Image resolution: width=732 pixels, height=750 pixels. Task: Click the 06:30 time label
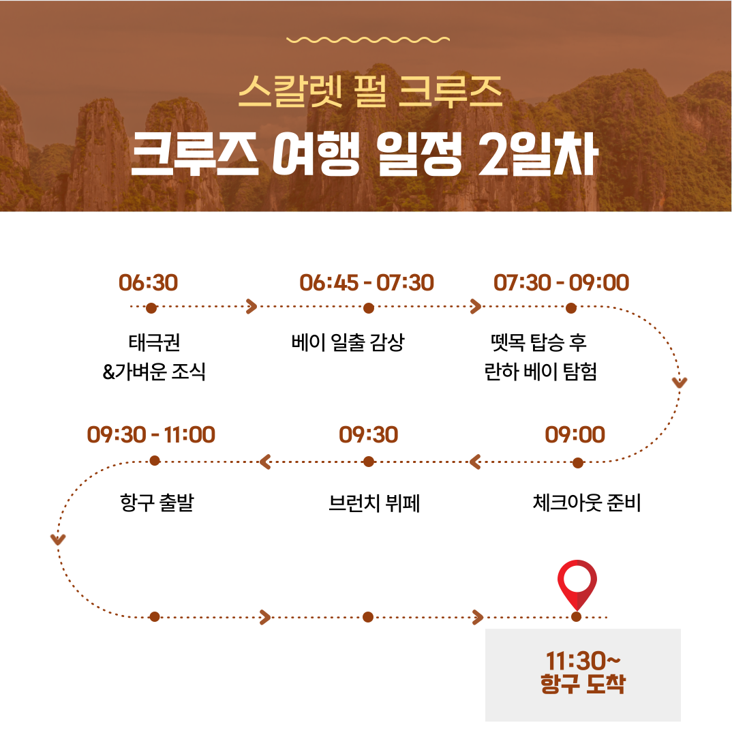(x=148, y=283)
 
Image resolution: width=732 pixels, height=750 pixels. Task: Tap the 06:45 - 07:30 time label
(x=367, y=283)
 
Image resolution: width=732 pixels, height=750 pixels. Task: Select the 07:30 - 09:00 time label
(x=562, y=283)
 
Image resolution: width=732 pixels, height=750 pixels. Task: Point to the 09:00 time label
(x=575, y=435)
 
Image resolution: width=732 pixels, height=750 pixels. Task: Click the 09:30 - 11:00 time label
(x=151, y=435)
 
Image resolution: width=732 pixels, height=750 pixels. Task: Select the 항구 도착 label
(x=583, y=683)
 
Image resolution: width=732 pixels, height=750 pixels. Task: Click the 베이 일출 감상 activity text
(x=348, y=342)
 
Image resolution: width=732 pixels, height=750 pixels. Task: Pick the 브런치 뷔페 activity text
(x=374, y=503)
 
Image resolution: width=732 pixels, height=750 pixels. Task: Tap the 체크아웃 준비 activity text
(x=587, y=502)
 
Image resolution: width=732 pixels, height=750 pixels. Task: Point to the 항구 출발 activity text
(x=157, y=502)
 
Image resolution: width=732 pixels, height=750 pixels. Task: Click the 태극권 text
(x=155, y=342)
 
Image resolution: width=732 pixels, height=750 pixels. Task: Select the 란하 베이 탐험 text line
(x=540, y=371)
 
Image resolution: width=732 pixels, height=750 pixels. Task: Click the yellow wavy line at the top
(x=368, y=40)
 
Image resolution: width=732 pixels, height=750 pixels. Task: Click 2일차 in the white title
(x=538, y=154)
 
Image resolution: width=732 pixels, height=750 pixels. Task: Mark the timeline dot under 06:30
(x=151, y=308)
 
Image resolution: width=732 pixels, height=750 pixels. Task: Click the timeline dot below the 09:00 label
(x=578, y=462)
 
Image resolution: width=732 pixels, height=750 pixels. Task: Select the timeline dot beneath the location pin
(x=577, y=617)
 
